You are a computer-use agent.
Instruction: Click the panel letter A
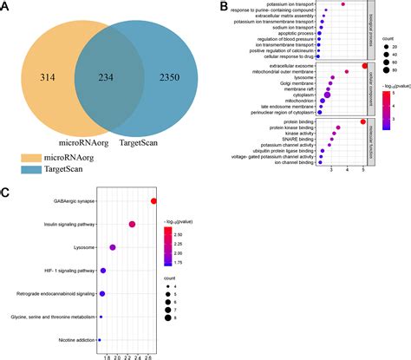tap(6, 7)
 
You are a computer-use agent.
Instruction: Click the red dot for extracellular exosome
tap(364, 66)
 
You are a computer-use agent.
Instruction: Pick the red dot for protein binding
tap(362, 122)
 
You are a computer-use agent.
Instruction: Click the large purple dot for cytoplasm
tap(328, 95)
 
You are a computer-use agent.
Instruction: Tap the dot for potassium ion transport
tap(343, 5)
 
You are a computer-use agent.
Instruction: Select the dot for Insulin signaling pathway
tap(132, 225)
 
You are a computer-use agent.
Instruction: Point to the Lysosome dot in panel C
tap(113, 248)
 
